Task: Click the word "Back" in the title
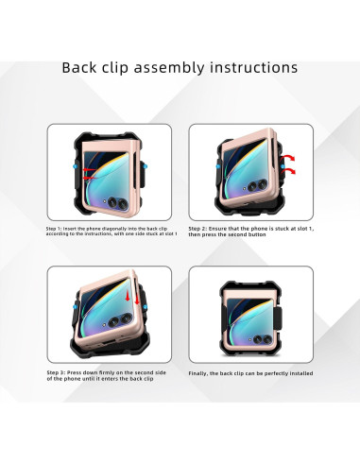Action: coord(84,68)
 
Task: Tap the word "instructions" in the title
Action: coord(252,68)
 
